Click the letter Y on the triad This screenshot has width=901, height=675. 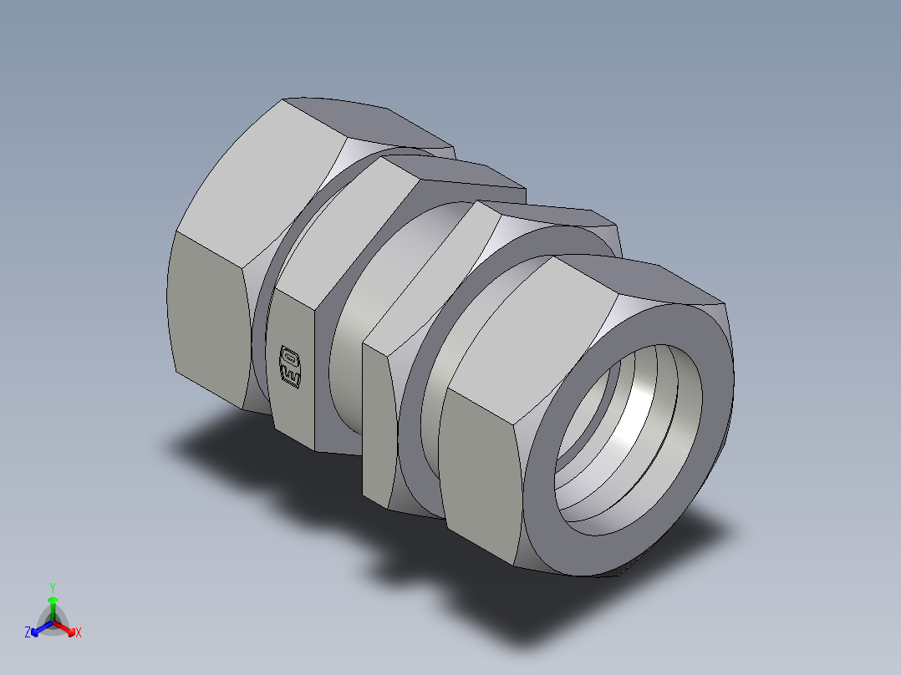coord(53,587)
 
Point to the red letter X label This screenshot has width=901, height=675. coord(79,633)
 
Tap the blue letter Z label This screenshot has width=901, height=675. coord(28,633)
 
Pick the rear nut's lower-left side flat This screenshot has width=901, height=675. coord(209,317)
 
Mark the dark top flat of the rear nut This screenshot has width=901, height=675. coord(368,121)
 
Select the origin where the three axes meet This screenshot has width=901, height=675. coord(53,623)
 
